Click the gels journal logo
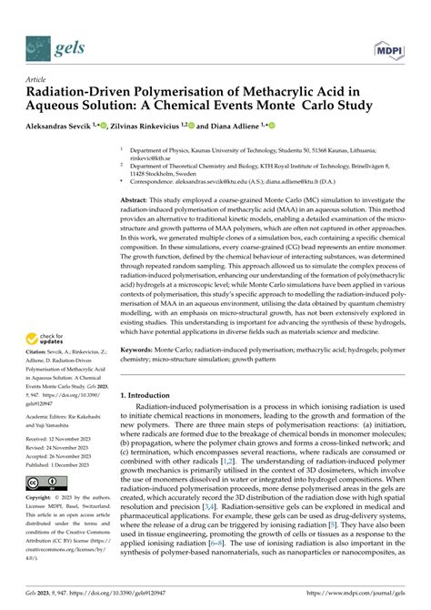point(51,45)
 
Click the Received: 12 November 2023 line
point(66,437)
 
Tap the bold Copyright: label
point(40,499)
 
